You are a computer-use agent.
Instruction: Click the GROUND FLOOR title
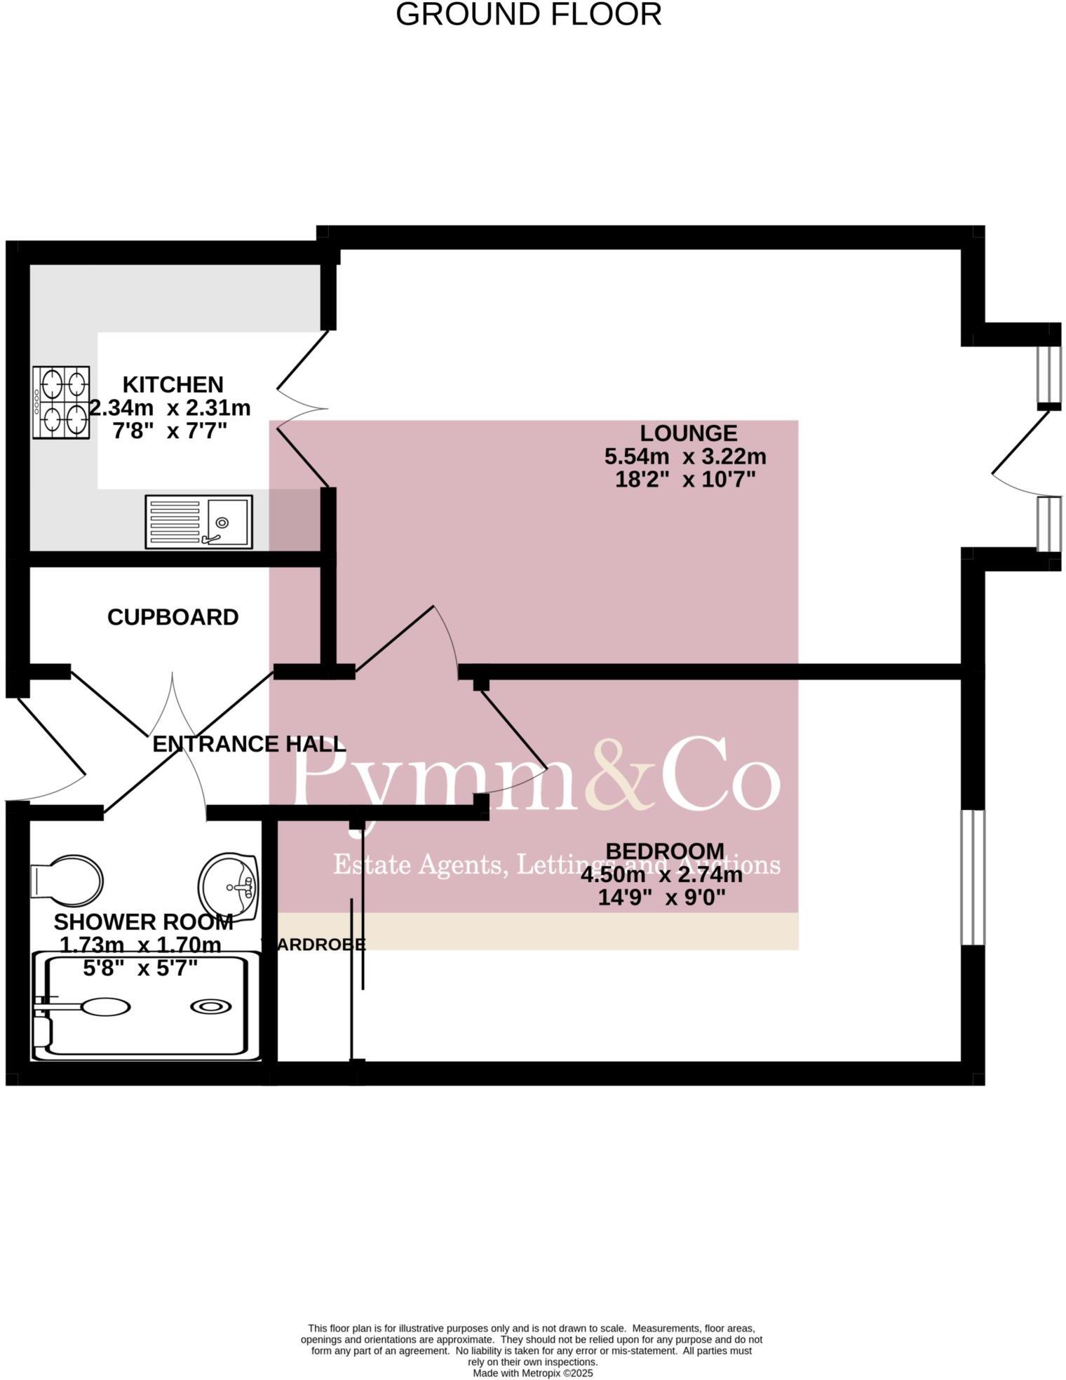click(528, 15)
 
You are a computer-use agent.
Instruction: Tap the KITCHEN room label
click(173, 384)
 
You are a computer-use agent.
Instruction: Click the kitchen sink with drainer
click(198, 522)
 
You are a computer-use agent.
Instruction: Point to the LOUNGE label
click(688, 433)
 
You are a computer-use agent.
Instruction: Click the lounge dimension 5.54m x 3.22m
click(685, 456)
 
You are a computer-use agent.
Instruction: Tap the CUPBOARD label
click(173, 617)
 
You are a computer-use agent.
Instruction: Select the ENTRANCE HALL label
click(249, 743)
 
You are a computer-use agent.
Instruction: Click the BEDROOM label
click(664, 851)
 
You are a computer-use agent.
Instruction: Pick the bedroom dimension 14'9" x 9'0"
click(661, 898)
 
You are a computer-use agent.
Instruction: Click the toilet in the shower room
click(67, 879)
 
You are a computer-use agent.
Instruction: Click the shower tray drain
click(211, 1007)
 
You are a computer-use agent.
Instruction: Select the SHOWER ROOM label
click(143, 921)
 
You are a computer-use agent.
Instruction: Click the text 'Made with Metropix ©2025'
click(532, 1373)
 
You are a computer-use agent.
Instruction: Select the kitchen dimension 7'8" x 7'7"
click(170, 430)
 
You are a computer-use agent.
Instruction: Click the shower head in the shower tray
click(105, 1007)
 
